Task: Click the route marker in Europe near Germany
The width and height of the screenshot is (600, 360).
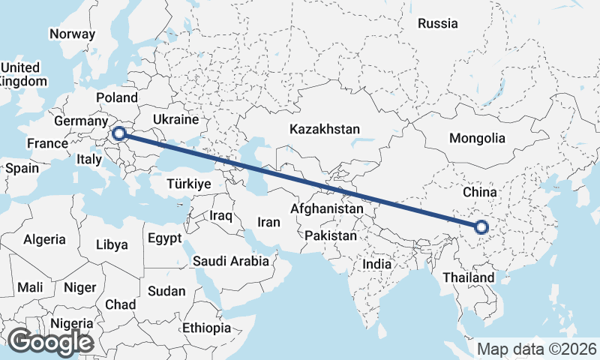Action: pos(118,134)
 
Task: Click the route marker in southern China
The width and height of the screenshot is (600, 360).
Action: pos(481,226)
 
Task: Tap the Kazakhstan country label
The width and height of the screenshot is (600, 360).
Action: pos(325,129)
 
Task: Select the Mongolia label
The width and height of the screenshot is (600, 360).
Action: pos(477,138)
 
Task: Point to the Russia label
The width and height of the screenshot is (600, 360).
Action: pos(437,23)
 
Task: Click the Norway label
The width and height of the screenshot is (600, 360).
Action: pos(72,34)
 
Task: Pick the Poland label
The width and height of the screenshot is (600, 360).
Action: pos(117,97)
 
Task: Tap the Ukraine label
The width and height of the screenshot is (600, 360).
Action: pos(175,119)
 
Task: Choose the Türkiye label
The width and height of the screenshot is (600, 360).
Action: pos(188,184)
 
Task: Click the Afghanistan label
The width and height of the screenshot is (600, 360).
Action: pos(327,208)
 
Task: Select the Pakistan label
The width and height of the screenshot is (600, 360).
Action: pos(331,235)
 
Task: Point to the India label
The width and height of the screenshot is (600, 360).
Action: pos(376,264)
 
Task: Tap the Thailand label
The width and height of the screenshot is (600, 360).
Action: pos(469,277)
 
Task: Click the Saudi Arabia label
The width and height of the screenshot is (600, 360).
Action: pos(230,261)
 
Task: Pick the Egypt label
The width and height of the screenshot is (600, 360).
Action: pos(164,238)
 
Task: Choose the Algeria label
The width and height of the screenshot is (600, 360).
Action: pos(44,240)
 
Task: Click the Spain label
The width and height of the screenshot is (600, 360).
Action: pos(22,168)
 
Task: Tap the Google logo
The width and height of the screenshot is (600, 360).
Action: pos(50,342)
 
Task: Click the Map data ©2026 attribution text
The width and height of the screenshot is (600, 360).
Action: pos(537,349)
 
